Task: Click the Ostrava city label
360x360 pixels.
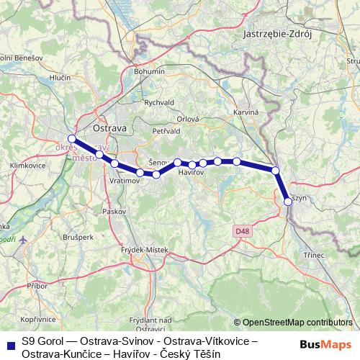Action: tap(109, 127)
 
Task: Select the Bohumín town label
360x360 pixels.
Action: tap(150, 72)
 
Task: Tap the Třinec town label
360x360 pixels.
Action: tap(314, 255)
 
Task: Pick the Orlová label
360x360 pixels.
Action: tap(189, 120)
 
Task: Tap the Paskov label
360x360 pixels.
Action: tap(114, 212)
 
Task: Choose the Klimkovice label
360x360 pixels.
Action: tap(24, 165)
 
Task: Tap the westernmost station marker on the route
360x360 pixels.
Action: tap(71, 139)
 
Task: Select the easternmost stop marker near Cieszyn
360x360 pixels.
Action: tap(288, 202)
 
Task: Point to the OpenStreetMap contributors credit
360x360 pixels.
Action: tap(297, 323)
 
